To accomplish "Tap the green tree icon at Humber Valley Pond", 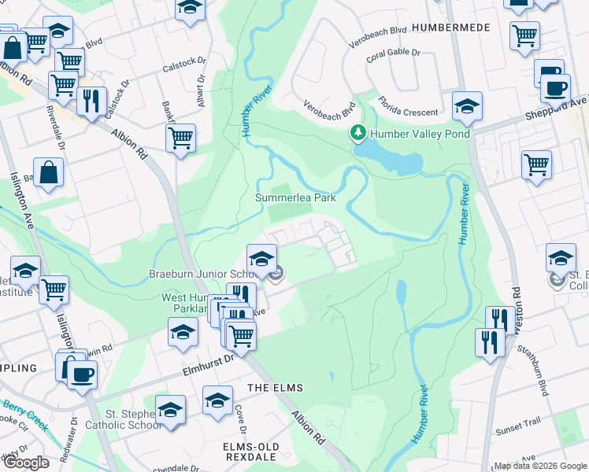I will [x=359, y=134].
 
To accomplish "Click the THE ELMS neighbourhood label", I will [x=275, y=389].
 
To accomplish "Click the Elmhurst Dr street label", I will [x=208, y=359].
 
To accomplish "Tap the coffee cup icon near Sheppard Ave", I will [x=554, y=88].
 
